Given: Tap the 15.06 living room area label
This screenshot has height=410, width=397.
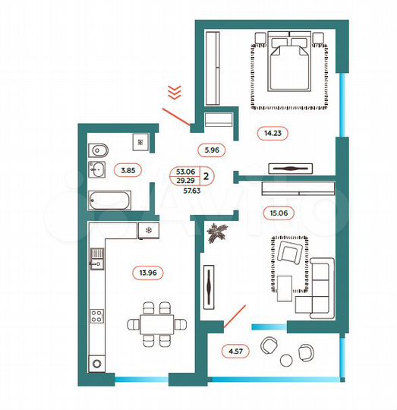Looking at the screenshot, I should click(276, 214).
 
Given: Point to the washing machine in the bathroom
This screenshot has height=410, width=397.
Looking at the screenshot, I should click(139, 141).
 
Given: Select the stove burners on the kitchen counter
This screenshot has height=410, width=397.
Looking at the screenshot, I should click(97, 316).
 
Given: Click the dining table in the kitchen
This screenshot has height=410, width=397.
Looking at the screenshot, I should click(156, 323).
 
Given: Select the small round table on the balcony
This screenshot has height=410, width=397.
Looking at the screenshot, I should click(286, 359).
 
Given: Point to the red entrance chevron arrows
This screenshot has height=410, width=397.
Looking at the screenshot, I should click(174, 93).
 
